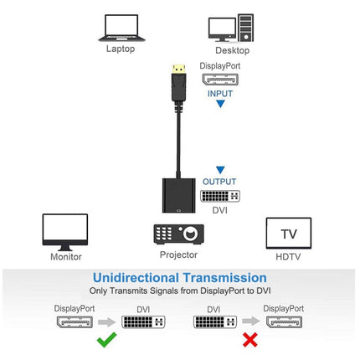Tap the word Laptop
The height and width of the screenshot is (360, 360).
[120, 48]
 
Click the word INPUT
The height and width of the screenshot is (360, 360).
[220, 93]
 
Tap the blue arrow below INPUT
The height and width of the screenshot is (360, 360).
[220, 105]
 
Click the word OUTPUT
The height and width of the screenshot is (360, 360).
[220, 182]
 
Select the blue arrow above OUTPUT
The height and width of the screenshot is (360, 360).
[220, 169]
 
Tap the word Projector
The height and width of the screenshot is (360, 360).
[178, 255]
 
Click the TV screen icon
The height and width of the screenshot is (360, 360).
[288, 233]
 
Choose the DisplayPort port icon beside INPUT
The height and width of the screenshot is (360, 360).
[220, 80]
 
